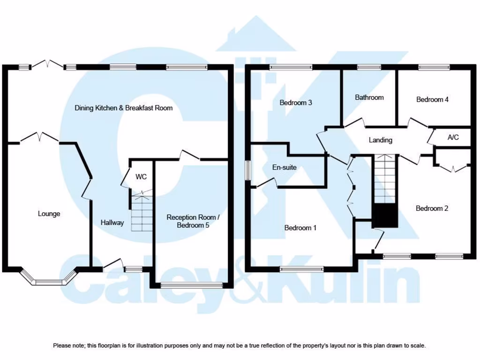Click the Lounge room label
point(49,214)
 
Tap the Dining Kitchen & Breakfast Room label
point(124,108)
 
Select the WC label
point(141,177)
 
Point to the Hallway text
point(112,223)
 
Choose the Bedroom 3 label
point(296,102)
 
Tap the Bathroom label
point(369,97)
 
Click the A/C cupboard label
point(453,137)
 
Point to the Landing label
point(380,140)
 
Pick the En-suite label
point(284,167)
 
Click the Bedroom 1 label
point(300,228)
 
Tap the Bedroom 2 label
point(432,208)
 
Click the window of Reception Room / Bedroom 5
point(191,284)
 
